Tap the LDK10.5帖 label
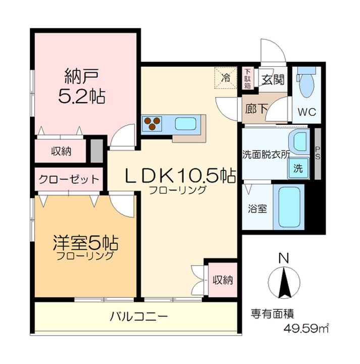click(x=180, y=176)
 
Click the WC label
click(x=306, y=112)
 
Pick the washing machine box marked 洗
click(x=298, y=168)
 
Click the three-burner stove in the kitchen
click(x=152, y=123)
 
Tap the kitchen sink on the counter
click(x=185, y=123)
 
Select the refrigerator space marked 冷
click(x=226, y=78)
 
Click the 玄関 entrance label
click(x=273, y=79)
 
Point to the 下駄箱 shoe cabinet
click(x=247, y=79)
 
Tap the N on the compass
click(x=283, y=259)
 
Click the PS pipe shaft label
click(x=318, y=153)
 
